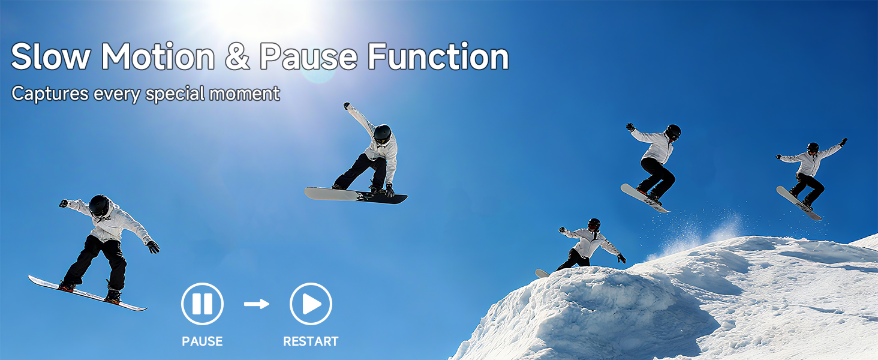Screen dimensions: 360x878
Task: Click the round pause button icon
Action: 202,304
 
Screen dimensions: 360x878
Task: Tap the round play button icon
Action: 311,304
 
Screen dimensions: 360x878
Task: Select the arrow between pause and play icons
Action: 257,304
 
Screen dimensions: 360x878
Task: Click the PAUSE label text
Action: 202,341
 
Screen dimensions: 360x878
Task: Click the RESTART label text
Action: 311,341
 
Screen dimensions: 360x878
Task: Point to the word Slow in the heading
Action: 50,57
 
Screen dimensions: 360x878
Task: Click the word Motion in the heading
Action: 158,57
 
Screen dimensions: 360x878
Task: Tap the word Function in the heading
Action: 438,57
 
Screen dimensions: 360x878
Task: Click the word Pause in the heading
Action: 308,57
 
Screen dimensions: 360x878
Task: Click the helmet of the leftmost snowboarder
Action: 99,205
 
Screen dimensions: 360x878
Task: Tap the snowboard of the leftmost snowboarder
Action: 87,293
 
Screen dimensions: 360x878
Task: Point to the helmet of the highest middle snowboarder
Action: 382,133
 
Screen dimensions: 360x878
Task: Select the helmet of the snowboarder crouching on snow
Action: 594,224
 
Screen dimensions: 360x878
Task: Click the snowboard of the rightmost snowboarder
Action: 798,203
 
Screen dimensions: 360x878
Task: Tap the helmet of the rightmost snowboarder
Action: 813,147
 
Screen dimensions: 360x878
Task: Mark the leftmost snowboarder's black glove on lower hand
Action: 153,246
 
